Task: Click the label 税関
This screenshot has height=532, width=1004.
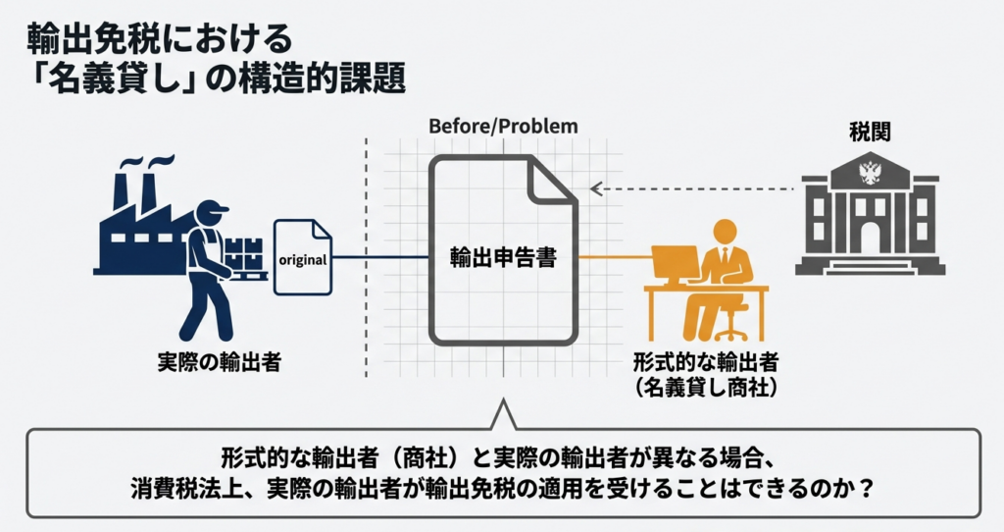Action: click(x=870, y=132)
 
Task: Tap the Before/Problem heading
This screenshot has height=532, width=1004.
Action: click(x=503, y=127)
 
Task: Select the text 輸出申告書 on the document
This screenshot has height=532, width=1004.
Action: click(x=503, y=259)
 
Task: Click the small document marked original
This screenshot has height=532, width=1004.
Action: click(x=303, y=258)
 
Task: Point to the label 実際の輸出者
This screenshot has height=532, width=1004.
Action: click(x=219, y=362)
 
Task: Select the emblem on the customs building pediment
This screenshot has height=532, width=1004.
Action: click(x=870, y=175)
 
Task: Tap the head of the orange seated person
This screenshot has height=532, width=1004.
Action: click(x=724, y=232)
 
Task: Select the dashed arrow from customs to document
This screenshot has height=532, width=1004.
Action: click(x=691, y=188)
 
